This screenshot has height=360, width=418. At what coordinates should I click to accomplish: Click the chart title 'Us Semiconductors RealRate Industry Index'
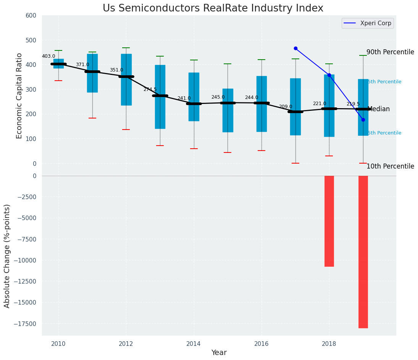coord(213,8)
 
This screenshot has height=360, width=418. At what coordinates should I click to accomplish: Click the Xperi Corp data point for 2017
coord(295,49)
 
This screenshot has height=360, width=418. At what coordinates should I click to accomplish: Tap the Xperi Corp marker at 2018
coord(329,75)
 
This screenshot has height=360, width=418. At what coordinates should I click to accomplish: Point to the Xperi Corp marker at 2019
coord(363,120)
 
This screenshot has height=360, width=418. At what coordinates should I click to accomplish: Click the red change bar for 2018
coord(329,221)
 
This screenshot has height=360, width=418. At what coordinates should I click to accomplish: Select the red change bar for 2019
coord(363,252)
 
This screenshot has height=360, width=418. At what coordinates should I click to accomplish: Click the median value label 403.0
coord(48,56)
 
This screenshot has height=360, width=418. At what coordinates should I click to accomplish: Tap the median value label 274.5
coord(150,89)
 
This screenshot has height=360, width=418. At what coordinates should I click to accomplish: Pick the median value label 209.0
coord(286,107)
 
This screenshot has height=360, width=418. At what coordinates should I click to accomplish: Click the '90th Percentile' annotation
coord(390,52)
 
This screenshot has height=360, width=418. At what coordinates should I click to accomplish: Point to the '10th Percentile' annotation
coord(390,166)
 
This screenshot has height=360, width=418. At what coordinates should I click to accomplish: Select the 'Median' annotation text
coord(378,109)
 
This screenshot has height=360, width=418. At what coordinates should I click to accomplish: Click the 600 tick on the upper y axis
coord(31,16)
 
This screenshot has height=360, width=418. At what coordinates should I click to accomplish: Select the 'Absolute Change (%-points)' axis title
coord(7,256)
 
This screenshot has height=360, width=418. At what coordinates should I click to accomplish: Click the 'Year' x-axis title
coord(219,353)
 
